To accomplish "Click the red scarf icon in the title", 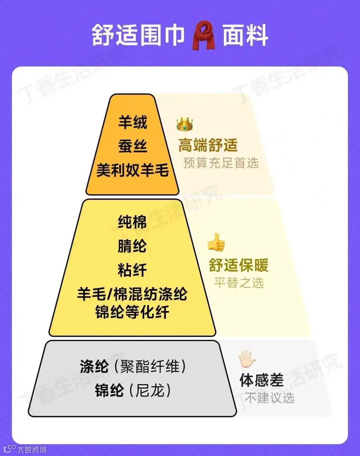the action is [x=204, y=35].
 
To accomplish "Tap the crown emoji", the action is [x=185, y=124].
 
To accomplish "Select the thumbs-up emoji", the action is [x=216, y=242].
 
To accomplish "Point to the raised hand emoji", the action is [x=247, y=359].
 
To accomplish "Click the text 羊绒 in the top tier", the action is [x=133, y=122].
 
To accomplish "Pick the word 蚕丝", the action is [x=133, y=146].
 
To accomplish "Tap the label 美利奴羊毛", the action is [x=133, y=170].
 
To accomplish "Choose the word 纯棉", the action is [x=132, y=222].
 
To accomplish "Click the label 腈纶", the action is [x=132, y=246].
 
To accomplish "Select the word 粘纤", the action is [x=132, y=270].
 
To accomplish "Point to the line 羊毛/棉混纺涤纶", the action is [x=132, y=294].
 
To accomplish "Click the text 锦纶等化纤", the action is [x=132, y=312].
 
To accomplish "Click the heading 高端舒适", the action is [x=208, y=145].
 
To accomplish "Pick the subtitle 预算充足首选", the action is [x=221, y=163].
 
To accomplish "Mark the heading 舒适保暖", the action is [x=239, y=265].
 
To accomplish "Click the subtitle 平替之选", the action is [x=239, y=283].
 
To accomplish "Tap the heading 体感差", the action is [x=262, y=380].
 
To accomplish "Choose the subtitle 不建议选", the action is [x=270, y=398].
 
